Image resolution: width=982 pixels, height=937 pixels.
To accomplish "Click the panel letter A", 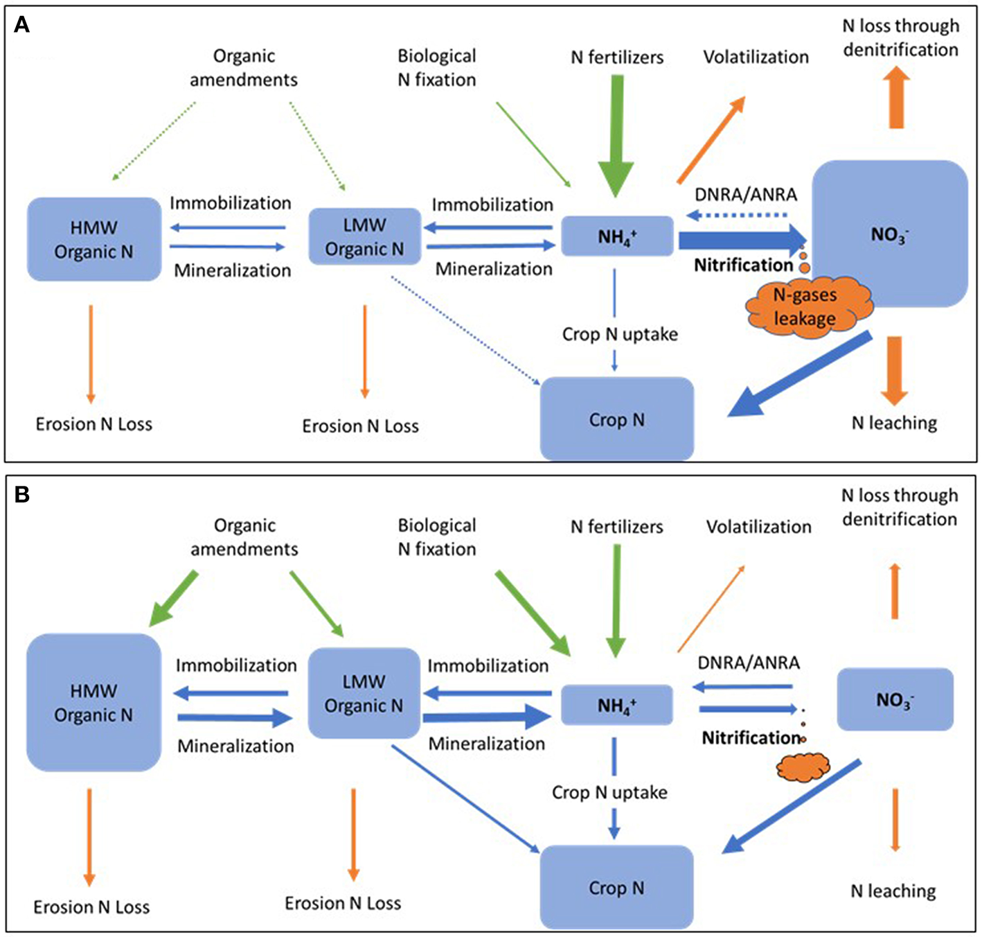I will click(x=22, y=26).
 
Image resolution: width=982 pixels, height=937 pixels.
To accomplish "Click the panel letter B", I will click(x=22, y=495).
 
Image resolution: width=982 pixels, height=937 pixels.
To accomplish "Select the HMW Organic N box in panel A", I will click(x=94, y=239).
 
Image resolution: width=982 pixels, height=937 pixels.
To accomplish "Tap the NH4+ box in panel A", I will click(x=616, y=236).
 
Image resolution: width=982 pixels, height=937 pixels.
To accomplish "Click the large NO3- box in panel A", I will click(x=890, y=234).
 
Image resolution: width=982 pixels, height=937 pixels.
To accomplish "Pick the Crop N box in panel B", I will click(x=616, y=887).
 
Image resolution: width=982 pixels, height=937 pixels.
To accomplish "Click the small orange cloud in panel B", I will click(x=803, y=767).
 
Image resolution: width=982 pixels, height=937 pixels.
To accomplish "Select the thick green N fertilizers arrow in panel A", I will click(x=615, y=135).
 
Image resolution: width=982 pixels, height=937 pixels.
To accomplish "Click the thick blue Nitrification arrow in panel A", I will click(x=741, y=240).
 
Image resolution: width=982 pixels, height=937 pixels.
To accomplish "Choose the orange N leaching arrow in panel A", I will click(x=895, y=371).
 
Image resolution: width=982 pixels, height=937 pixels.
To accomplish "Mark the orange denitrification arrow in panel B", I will click(x=895, y=591).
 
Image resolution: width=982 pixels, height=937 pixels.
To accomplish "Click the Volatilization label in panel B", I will click(x=758, y=527).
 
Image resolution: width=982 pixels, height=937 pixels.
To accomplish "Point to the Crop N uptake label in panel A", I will click(x=620, y=334).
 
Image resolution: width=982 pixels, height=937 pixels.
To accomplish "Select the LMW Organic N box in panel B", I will click(x=364, y=693).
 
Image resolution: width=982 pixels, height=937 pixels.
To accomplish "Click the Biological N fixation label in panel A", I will click(x=436, y=68).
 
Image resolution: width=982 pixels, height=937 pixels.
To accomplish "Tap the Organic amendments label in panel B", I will click(x=244, y=537).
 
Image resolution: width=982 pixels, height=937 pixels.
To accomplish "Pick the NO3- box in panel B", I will click(x=895, y=699).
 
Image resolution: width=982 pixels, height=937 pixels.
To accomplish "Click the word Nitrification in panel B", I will click(x=751, y=737).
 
